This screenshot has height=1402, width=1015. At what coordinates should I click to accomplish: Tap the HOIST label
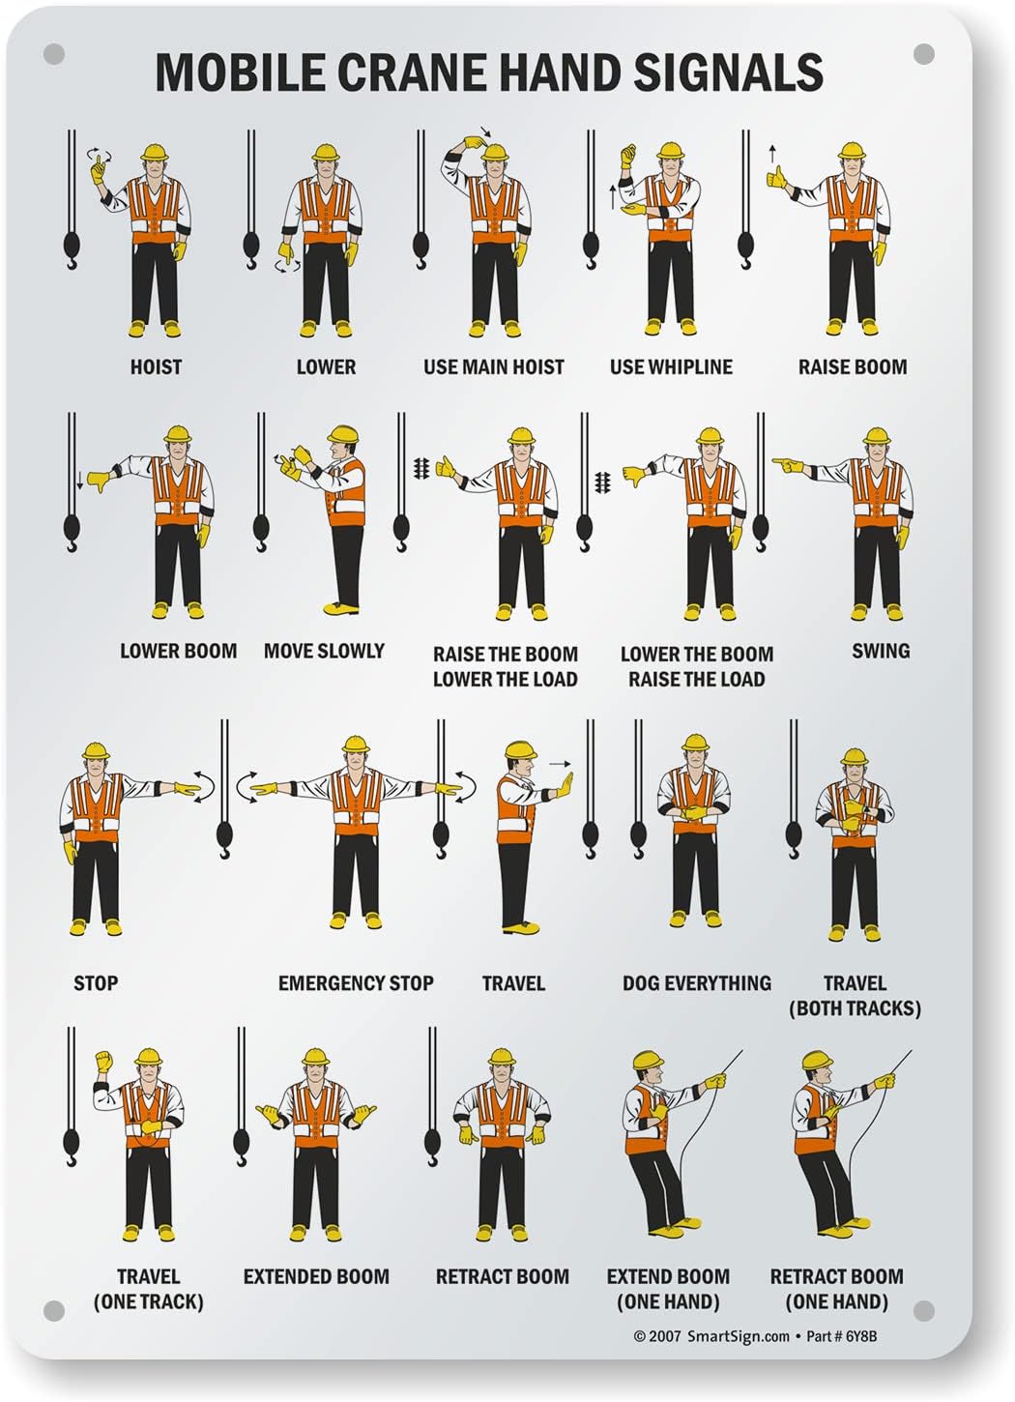(156, 366)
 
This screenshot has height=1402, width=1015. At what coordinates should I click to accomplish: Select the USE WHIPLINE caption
(671, 366)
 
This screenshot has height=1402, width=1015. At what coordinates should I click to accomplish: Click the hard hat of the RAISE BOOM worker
(851, 152)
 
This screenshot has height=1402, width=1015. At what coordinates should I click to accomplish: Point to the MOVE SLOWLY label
(324, 651)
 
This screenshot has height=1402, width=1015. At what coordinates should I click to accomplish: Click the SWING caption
(881, 651)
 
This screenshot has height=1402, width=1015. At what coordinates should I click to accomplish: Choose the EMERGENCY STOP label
(356, 983)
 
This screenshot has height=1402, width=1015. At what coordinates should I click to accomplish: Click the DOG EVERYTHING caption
(696, 983)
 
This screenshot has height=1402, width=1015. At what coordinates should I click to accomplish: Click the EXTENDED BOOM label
(316, 1276)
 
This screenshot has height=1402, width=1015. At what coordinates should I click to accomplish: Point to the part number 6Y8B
(859, 1337)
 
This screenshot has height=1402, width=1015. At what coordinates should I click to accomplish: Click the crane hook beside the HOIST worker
(72, 250)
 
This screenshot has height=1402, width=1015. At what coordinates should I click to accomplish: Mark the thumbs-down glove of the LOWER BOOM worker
(97, 481)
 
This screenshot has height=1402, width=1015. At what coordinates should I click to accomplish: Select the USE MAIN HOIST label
(493, 366)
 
